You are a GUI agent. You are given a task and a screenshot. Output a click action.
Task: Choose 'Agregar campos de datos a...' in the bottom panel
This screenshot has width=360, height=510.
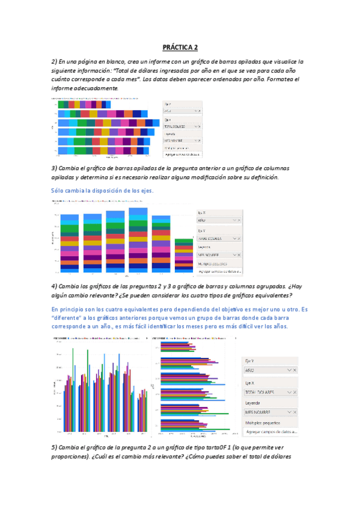coord(272,432)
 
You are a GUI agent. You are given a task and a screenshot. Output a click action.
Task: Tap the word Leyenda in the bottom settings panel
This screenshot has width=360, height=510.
coord(253,402)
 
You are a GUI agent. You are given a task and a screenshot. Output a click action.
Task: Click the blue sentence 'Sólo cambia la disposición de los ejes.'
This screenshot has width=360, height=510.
coord(102,190)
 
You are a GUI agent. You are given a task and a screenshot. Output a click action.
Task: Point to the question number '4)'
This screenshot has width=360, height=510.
coord(54,286)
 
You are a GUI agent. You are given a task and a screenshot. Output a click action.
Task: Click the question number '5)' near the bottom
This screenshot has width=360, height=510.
coord(54,448)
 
